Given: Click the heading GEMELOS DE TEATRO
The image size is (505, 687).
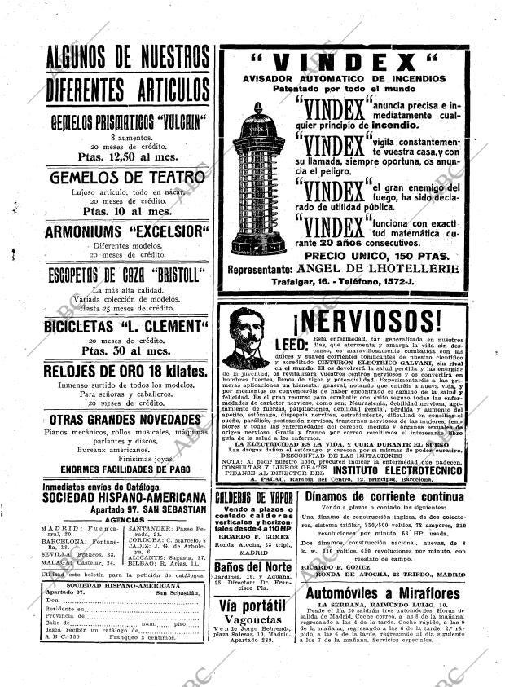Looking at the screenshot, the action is pos(127,177).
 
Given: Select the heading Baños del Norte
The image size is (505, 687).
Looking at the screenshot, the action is pos(254,567).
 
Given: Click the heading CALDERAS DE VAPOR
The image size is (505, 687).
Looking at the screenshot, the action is pos(254,497).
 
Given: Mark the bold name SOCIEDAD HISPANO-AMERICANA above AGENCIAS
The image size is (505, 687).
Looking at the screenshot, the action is pos(124,497).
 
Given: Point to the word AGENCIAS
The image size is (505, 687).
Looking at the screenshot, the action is pos(125,519).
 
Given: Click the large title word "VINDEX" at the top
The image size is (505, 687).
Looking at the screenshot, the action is pos(343,63).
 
